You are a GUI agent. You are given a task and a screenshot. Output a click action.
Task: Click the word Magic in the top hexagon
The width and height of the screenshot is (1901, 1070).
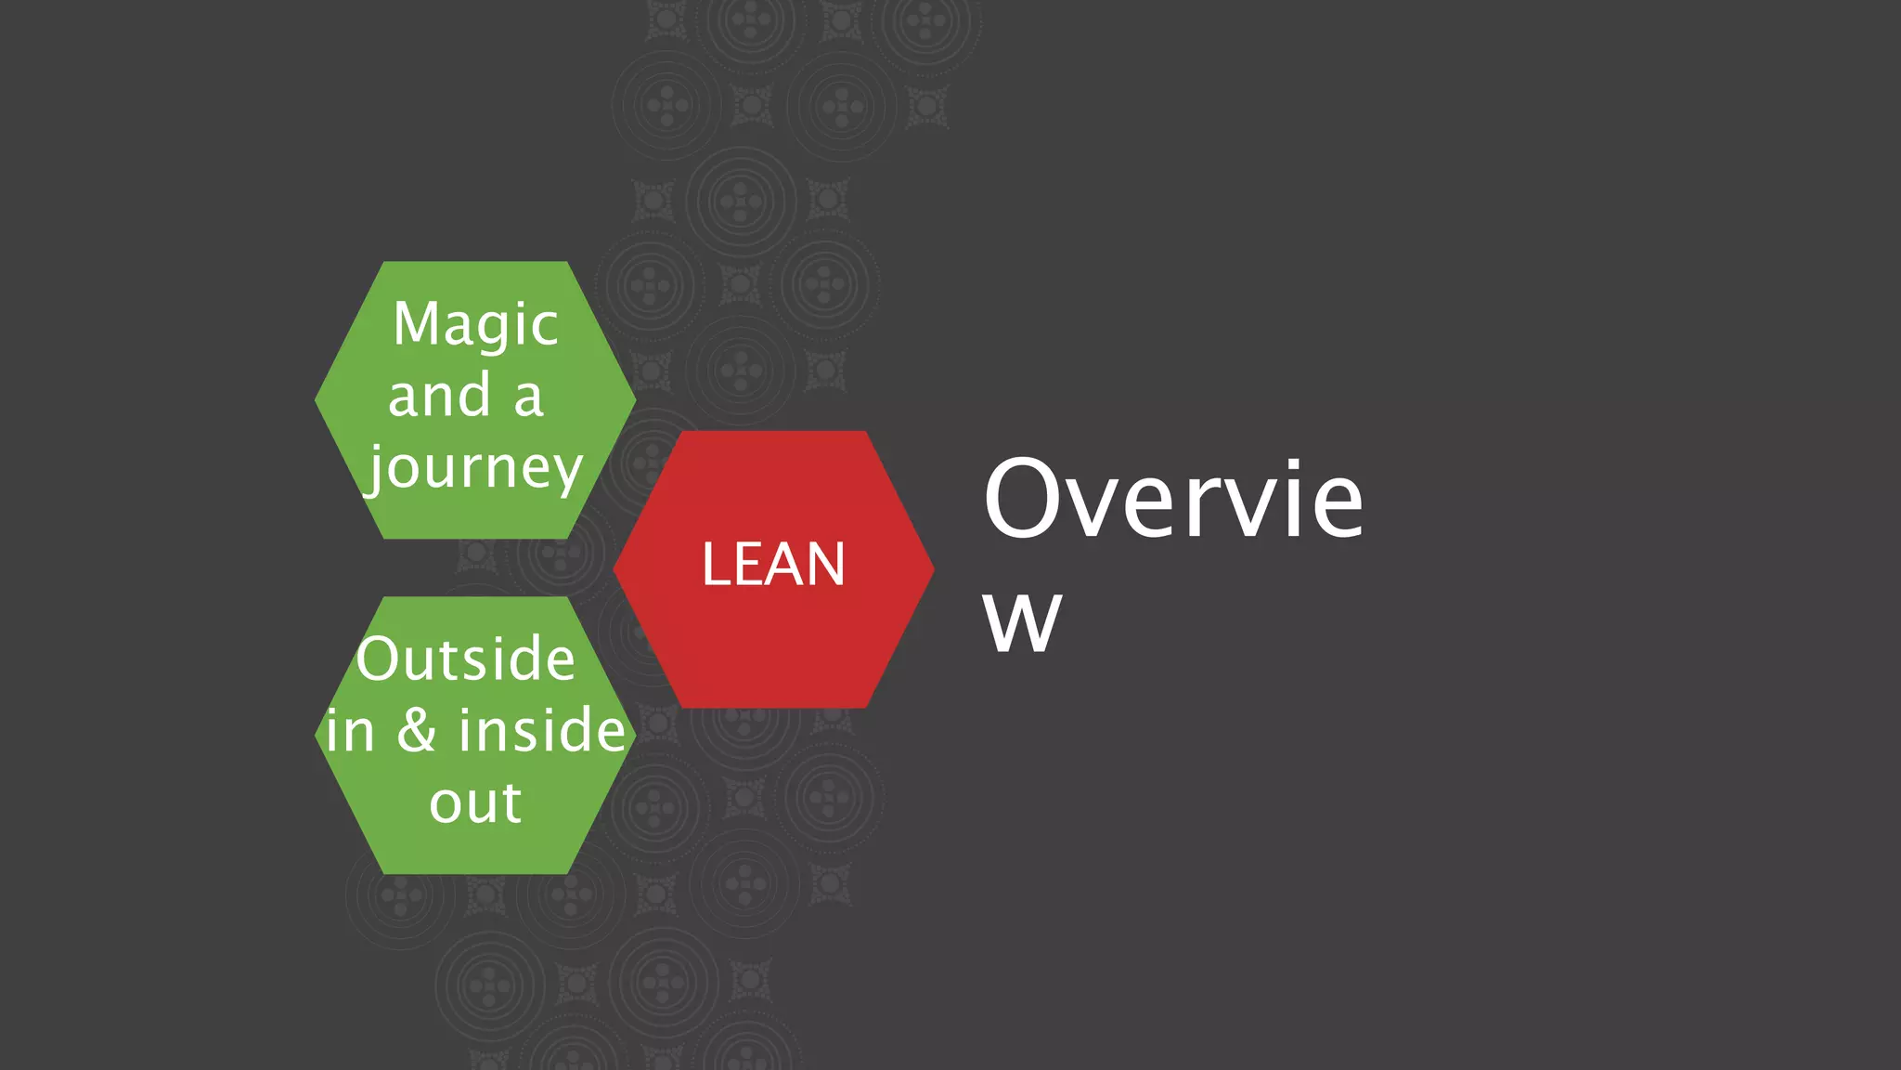point(475,325)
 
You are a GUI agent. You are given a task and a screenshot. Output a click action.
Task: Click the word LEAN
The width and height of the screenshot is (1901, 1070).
point(773,564)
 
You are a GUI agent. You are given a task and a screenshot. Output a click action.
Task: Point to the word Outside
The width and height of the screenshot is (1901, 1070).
point(466,659)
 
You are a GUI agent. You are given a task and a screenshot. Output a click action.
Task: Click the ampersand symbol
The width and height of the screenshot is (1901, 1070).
point(417,730)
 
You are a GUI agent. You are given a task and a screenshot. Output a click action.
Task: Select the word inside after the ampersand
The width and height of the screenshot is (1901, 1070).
point(542,730)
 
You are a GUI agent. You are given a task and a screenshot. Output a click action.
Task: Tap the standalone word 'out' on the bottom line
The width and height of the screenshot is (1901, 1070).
point(475,802)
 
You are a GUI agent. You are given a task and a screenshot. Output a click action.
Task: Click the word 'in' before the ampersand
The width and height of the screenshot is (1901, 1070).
point(350,731)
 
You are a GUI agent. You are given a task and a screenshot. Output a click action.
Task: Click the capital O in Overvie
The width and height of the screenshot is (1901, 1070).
point(1026,499)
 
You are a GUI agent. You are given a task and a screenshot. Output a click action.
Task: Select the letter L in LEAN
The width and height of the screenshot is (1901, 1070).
point(716,564)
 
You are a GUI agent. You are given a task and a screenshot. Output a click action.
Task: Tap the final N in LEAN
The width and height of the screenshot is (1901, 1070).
point(826,564)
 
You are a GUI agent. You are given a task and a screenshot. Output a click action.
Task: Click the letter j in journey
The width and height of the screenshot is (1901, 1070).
point(376,470)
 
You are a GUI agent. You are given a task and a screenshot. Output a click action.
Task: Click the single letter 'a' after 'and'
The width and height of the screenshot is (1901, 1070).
point(528,397)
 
